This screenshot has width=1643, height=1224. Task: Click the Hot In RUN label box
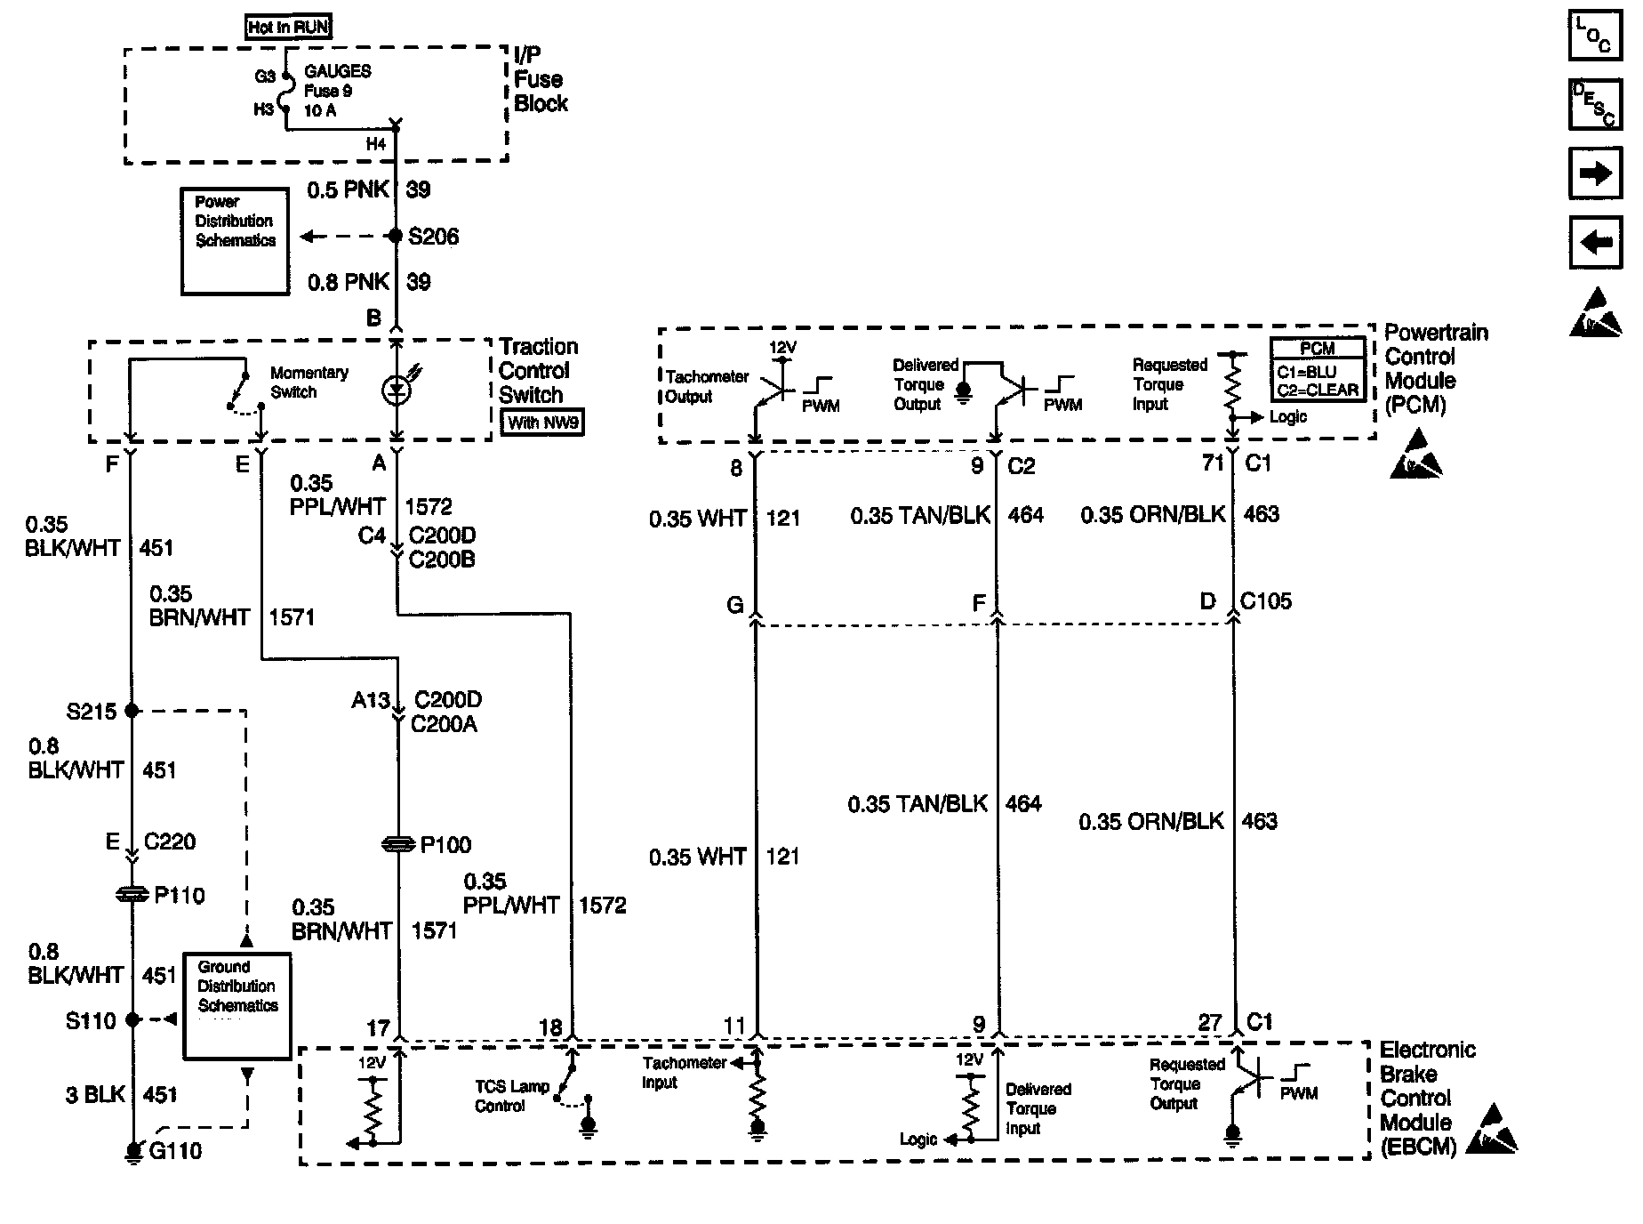(288, 28)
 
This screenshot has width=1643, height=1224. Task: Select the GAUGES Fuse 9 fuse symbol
(285, 92)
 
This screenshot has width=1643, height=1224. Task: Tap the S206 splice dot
(396, 237)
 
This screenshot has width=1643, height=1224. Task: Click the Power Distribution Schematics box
(235, 241)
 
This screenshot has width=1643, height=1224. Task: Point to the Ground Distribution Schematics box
(237, 1006)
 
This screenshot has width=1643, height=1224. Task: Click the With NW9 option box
(543, 423)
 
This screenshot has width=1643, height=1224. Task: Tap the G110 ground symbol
(132, 1154)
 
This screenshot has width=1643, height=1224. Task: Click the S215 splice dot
(132, 711)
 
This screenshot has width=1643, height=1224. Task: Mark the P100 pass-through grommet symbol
(398, 844)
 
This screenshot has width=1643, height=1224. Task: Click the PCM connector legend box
(1318, 371)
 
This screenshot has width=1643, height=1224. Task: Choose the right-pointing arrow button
(1596, 173)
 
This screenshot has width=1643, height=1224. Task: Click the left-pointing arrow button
(1596, 242)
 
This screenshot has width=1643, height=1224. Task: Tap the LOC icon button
(1596, 36)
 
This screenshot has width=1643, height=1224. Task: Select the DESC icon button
(1596, 105)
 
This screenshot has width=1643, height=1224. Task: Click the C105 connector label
(1267, 602)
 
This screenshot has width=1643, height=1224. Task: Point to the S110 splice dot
(132, 1020)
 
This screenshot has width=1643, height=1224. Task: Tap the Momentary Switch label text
(309, 382)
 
